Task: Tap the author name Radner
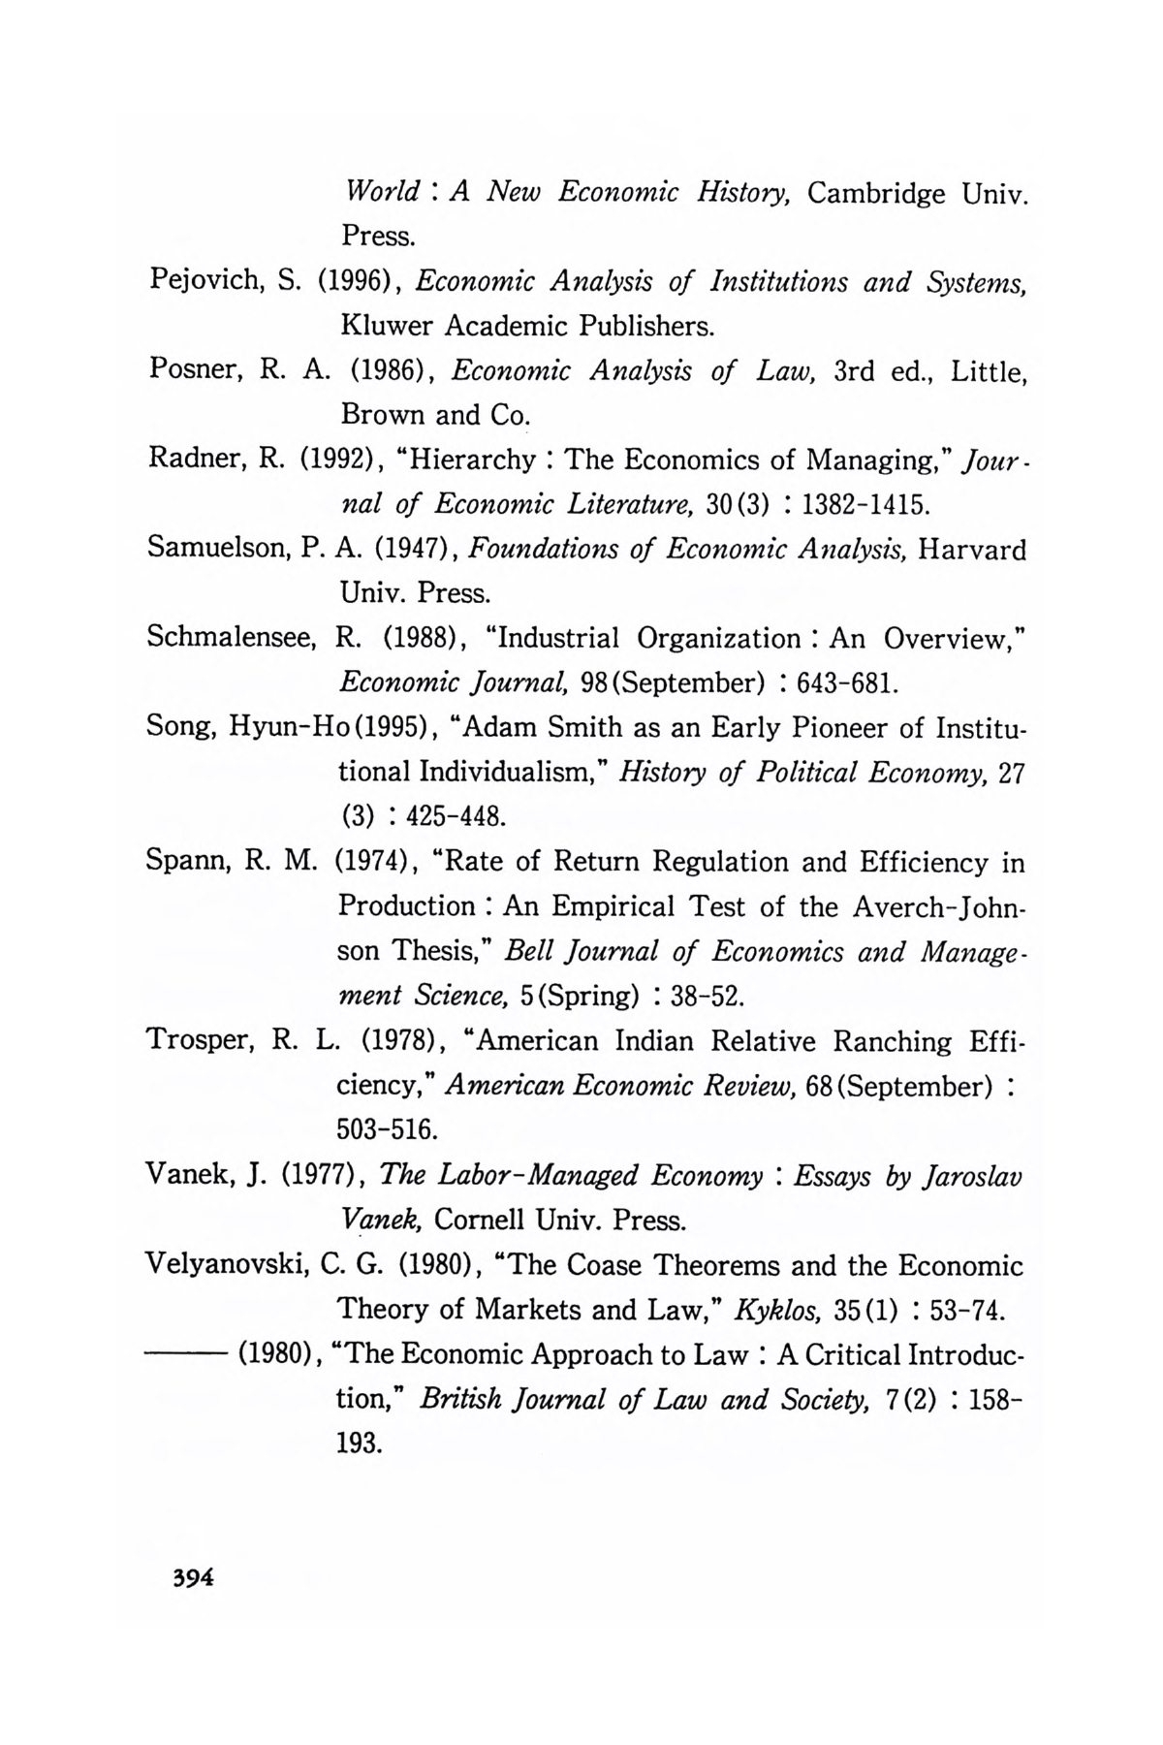pos(195,459)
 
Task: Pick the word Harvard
pos(972,550)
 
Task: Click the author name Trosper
pos(197,1042)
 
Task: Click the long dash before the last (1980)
pos(184,1355)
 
